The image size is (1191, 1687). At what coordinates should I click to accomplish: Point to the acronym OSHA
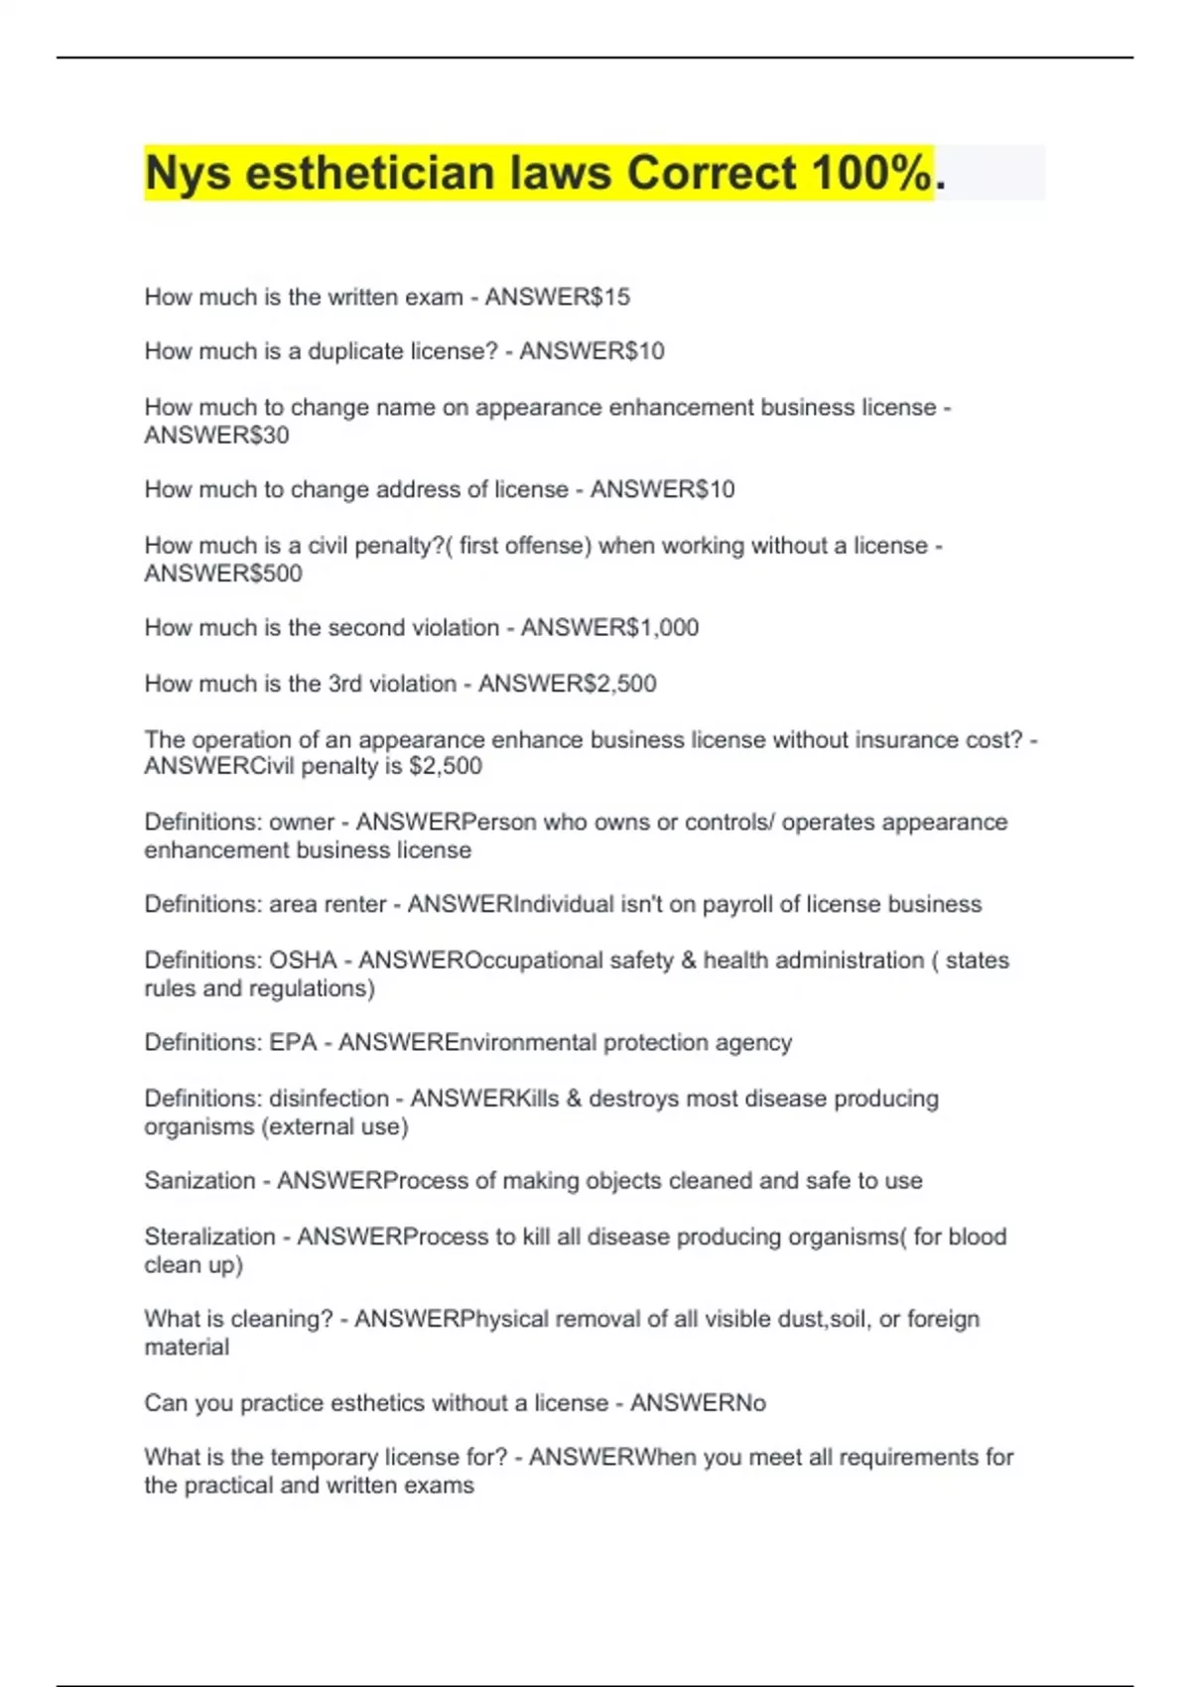click(304, 961)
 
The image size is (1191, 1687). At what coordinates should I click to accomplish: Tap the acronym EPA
click(293, 1043)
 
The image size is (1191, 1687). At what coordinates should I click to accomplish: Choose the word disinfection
click(330, 1099)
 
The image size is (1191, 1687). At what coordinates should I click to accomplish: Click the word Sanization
click(199, 1181)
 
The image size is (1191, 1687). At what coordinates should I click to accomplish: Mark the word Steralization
click(209, 1236)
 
